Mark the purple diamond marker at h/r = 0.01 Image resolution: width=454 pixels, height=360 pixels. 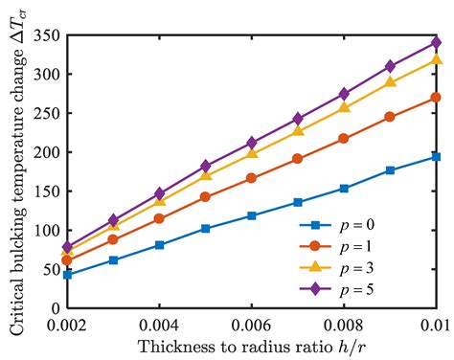point(436,42)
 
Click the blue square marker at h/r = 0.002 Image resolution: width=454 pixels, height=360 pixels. point(67,275)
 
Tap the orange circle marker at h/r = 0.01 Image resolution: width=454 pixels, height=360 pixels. point(436,98)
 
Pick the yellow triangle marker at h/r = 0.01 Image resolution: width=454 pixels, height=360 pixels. point(436,59)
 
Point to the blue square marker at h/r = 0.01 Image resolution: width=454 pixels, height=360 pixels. point(436,156)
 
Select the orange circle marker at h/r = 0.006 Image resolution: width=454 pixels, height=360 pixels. point(252,178)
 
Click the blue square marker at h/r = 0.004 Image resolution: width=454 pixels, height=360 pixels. point(160,245)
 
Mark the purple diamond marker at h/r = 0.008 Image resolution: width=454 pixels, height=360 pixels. point(344,94)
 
